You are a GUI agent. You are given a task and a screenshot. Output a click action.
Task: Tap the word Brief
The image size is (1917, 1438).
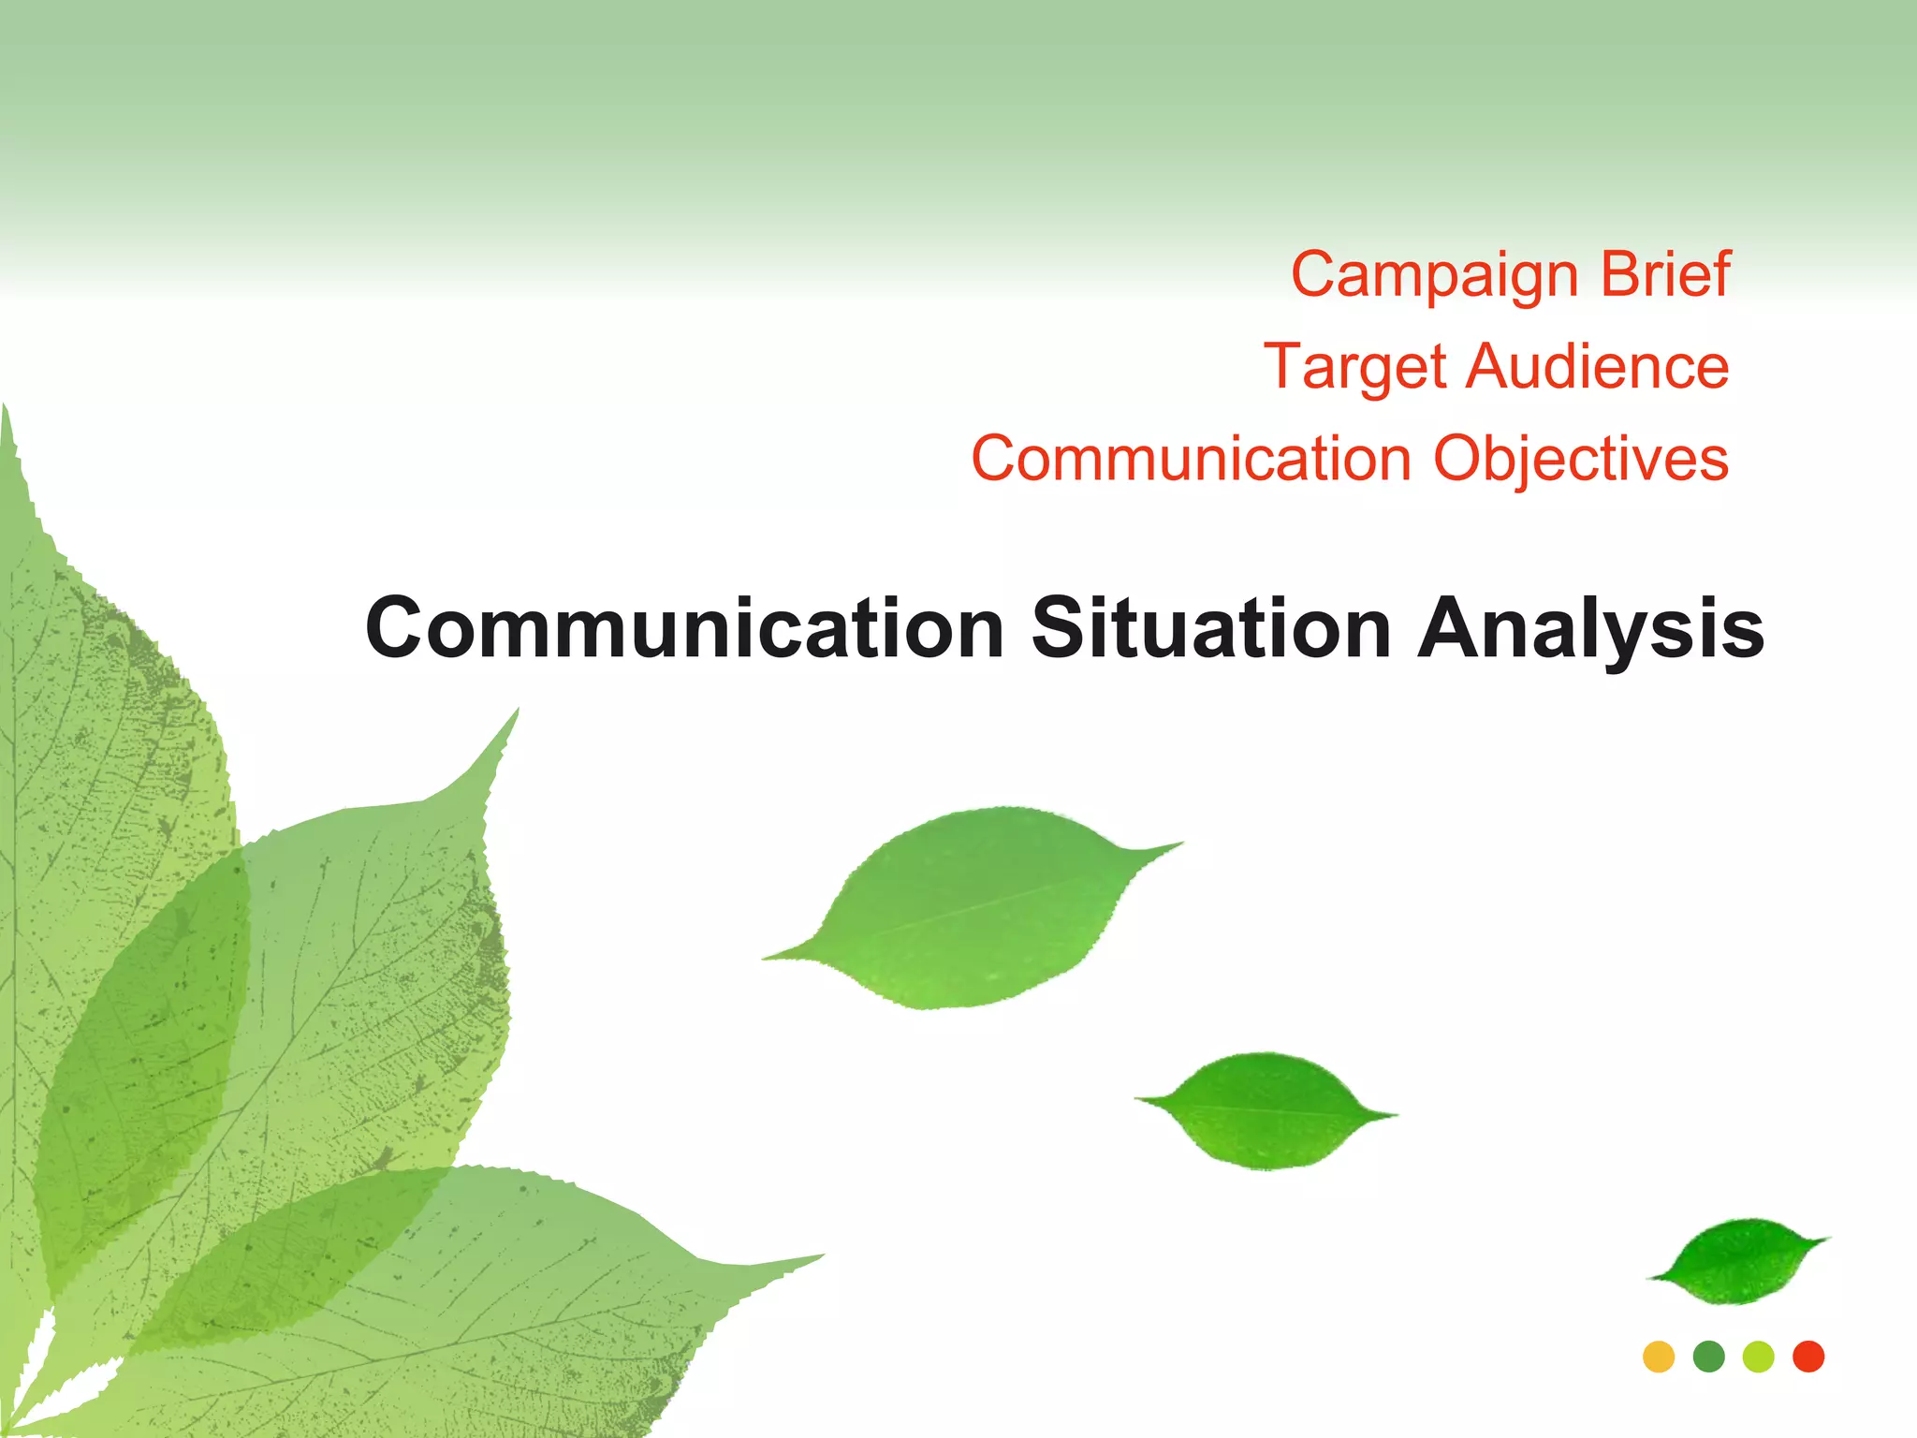(x=1665, y=274)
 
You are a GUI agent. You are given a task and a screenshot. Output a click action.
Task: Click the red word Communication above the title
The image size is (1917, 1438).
(x=1191, y=459)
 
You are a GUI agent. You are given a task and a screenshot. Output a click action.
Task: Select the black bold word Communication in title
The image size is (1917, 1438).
(x=684, y=628)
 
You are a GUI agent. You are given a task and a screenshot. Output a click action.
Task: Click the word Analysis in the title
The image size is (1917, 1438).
(x=1590, y=630)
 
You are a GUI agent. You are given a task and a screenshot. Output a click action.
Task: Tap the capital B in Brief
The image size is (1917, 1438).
(x=1617, y=274)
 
